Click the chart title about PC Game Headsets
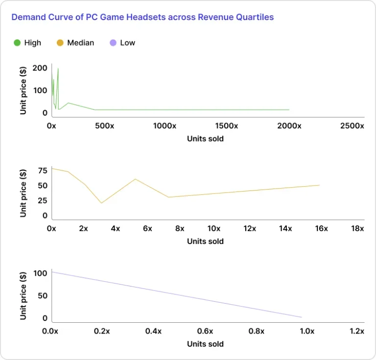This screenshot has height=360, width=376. point(142,17)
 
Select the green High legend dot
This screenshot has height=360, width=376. point(17,43)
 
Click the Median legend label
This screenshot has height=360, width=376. point(80,43)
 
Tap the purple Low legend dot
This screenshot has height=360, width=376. point(113,43)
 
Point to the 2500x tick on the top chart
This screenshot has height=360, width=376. point(352,126)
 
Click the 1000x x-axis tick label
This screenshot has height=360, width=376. point(164,126)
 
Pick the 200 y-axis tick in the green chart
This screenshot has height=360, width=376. point(40,68)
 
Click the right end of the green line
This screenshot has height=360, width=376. point(289,110)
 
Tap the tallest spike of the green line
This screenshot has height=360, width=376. point(58,69)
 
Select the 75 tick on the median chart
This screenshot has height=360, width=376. point(43,170)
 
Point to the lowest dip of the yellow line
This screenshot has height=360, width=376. point(101,203)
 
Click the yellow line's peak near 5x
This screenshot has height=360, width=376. point(135,179)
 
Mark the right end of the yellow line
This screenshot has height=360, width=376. point(319,185)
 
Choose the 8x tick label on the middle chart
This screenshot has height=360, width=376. point(180,228)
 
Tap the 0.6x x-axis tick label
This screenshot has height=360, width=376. point(205,331)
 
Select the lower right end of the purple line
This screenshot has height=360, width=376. point(301,317)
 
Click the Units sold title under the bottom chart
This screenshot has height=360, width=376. point(205,344)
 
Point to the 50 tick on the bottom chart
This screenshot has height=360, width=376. point(43,295)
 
